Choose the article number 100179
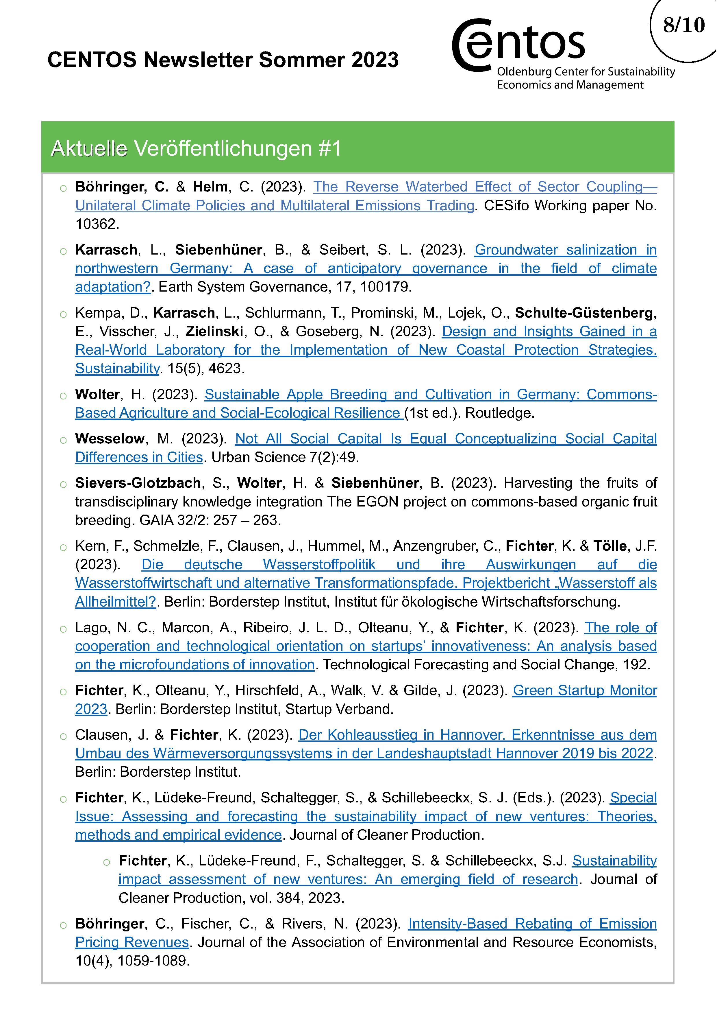(x=385, y=287)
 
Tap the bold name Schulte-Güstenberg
(x=584, y=313)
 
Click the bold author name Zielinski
(x=214, y=331)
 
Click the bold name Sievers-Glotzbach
(x=138, y=483)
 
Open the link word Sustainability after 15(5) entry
(x=117, y=368)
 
